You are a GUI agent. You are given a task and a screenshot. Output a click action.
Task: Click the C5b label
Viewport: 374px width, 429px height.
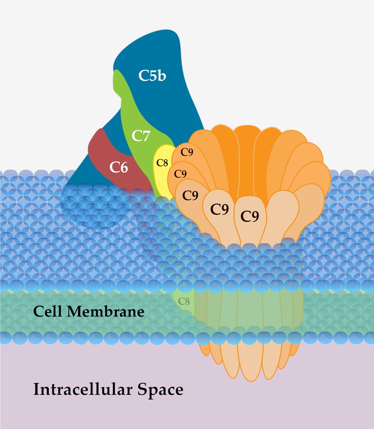(152, 75)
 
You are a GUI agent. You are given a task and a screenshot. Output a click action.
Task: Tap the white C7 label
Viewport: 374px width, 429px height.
(141, 135)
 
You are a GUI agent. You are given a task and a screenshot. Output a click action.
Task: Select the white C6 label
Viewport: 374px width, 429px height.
(119, 167)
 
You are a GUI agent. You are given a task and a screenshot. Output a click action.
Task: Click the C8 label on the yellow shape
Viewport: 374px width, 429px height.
(162, 163)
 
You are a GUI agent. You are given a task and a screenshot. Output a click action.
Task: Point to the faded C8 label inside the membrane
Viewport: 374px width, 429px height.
(184, 301)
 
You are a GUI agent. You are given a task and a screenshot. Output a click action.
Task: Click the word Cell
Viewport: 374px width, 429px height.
(48, 311)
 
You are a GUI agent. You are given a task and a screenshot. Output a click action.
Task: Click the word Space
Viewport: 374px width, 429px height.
(160, 390)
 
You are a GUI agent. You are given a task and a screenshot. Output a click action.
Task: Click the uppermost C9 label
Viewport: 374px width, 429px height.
(187, 152)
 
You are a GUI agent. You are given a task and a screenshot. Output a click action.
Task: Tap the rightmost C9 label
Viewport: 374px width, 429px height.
(250, 216)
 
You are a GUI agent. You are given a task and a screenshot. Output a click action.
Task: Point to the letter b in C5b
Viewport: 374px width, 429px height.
(162, 75)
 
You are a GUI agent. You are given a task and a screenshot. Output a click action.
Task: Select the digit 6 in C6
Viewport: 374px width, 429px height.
(124, 167)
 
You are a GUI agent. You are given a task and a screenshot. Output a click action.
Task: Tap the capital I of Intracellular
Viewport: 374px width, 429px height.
(36, 389)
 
